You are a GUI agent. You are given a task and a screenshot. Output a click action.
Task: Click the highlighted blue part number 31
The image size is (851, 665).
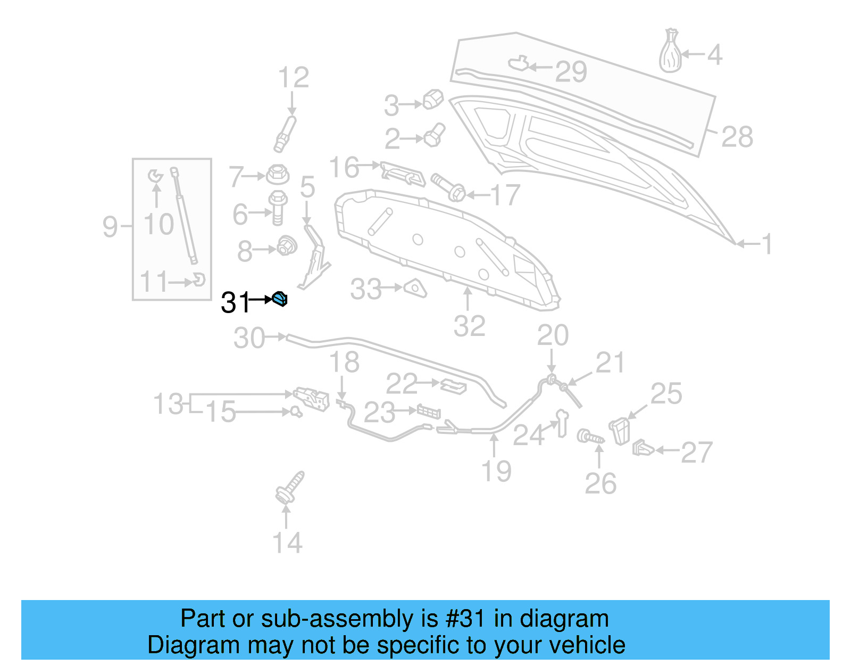pyautogui.click(x=280, y=299)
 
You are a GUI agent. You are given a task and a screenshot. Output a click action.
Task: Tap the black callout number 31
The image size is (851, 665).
pyautogui.click(x=235, y=302)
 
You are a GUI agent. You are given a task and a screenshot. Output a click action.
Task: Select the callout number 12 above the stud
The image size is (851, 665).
pyautogui.click(x=293, y=78)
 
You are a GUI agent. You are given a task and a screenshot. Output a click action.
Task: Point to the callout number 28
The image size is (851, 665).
pyautogui.click(x=737, y=137)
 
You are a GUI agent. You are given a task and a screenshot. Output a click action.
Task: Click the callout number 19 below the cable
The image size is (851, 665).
pyautogui.click(x=496, y=471)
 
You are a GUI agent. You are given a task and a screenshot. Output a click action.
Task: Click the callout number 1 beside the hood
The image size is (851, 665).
pyautogui.click(x=766, y=244)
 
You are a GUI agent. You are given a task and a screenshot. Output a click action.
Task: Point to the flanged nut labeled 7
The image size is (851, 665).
pyautogui.click(x=277, y=174)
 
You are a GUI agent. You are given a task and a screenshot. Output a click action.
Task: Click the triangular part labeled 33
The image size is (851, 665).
pyautogui.click(x=415, y=288)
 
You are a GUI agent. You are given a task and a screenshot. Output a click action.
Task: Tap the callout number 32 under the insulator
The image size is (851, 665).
pyautogui.click(x=469, y=326)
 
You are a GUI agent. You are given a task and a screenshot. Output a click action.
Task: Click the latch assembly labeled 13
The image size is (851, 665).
pyautogui.click(x=312, y=398)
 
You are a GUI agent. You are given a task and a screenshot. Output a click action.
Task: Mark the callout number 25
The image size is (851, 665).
pyautogui.click(x=666, y=394)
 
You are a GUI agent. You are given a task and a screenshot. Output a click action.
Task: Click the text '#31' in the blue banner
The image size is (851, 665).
pyautogui.click(x=465, y=619)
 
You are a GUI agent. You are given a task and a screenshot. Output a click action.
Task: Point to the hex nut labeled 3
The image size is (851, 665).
pyautogui.click(x=433, y=99)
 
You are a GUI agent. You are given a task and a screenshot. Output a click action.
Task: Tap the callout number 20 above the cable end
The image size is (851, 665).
pyautogui.click(x=553, y=335)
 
